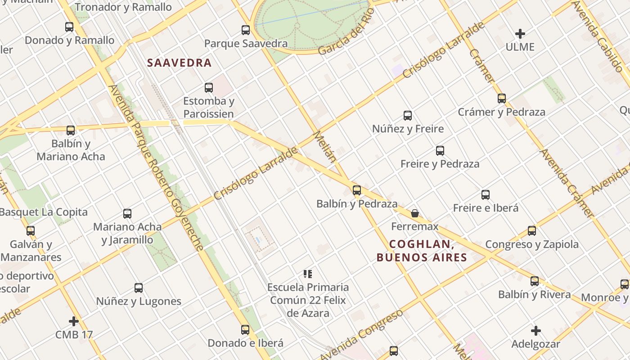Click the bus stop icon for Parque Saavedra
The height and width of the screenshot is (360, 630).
click(246, 30)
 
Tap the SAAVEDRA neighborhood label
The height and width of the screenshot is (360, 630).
click(179, 63)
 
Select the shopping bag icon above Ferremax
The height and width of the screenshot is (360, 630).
click(415, 213)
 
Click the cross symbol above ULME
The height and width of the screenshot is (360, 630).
click(520, 34)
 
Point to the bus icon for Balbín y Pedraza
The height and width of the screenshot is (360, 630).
click(357, 190)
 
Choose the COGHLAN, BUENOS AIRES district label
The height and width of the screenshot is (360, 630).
click(421, 251)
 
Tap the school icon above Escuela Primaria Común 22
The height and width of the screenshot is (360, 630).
click(308, 274)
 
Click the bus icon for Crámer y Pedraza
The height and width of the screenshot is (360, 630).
click(502, 99)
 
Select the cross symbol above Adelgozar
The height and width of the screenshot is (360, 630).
click(535, 331)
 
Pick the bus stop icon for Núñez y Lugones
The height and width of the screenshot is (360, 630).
click(139, 288)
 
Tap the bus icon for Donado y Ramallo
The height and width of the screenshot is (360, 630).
click(69, 27)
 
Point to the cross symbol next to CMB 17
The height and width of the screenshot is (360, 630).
click(74, 321)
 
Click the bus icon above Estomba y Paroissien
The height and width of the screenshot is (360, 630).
click(209, 87)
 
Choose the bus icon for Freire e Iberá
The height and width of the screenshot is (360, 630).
click(486, 194)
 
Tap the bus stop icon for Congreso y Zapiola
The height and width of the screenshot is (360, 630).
click(532, 231)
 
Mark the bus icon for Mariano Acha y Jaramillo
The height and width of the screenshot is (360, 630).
click(127, 213)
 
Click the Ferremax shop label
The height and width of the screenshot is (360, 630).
click(415, 226)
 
